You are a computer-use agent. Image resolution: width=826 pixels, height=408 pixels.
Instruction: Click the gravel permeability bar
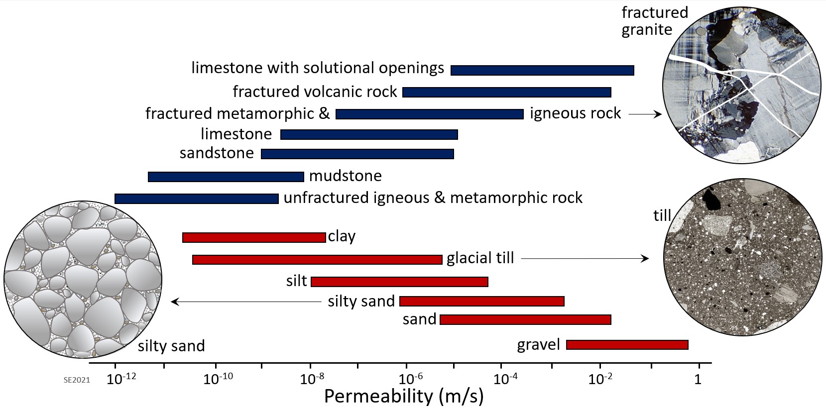(627, 345)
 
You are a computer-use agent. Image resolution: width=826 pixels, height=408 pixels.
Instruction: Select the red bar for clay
(254, 237)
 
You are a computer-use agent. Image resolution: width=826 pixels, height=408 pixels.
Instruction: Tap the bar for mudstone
(226, 177)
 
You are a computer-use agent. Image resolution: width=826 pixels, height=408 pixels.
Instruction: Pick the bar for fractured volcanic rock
(506, 92)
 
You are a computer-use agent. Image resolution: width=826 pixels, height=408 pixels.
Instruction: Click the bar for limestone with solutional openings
(542, 70)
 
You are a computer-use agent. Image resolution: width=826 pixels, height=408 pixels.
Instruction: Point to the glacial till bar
(317, 259)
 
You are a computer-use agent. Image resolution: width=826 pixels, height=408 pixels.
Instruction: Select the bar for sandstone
(357, 154)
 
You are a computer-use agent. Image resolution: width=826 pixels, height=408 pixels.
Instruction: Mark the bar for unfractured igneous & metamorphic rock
(196, 199)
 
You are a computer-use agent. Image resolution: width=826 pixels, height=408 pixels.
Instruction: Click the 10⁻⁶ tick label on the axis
(407, 379)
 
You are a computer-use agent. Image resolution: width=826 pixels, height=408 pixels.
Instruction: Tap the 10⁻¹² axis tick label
(121, 379)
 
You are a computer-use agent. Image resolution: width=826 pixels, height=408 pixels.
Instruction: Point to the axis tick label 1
(698, 379)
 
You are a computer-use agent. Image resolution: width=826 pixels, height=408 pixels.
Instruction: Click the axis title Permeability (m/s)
(404, 397)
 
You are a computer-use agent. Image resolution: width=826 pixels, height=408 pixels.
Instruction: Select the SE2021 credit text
(77, 380)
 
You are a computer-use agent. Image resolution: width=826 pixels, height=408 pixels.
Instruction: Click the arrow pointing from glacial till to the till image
(585, 258)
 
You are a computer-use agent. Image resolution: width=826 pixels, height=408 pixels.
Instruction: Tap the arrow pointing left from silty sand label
(246, 301)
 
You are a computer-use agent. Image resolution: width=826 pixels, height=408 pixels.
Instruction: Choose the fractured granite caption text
(654, 21)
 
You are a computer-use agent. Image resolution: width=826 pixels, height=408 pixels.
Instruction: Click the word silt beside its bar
(296, 281)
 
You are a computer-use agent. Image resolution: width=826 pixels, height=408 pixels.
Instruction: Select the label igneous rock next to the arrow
(575, 113)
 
